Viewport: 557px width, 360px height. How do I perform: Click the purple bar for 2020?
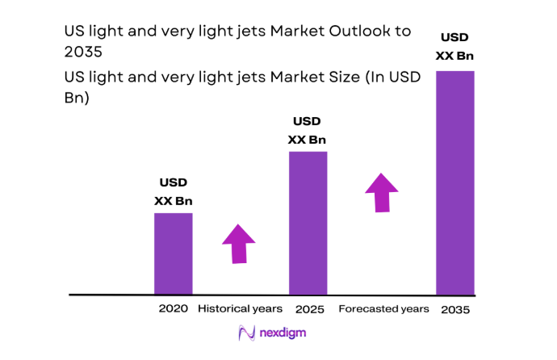173,253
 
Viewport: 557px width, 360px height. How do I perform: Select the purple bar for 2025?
308,223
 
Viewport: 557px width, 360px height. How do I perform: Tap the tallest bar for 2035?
454,182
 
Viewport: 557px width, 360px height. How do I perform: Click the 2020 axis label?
173,309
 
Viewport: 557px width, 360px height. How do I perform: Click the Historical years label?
241,309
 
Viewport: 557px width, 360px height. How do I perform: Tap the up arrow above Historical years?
240,243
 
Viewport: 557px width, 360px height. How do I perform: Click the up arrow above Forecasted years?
381,191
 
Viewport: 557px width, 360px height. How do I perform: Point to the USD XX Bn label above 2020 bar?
173,193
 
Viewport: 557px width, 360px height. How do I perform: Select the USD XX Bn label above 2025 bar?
307,130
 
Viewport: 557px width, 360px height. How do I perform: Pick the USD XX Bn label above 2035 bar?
454,45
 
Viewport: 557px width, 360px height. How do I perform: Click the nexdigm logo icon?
245,333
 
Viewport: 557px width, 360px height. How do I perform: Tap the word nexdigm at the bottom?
283,333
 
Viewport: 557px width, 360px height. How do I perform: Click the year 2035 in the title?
84,52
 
